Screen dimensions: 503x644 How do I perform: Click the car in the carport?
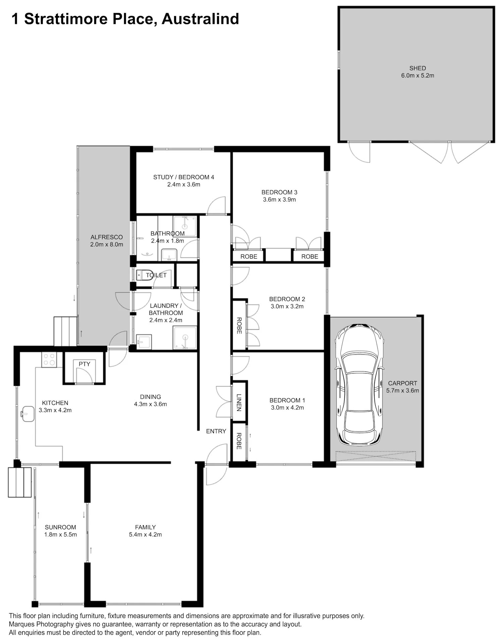359,385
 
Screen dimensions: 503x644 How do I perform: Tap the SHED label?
417,68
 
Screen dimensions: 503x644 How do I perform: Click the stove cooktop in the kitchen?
49,360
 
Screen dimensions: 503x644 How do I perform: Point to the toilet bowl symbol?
145,275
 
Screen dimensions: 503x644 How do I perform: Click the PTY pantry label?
85,364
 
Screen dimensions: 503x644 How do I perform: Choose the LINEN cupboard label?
239,402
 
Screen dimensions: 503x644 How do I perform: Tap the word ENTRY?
216,431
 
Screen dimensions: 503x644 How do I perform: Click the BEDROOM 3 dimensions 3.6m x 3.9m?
279,199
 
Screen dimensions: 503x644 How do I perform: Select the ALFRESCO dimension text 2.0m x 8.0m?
107,244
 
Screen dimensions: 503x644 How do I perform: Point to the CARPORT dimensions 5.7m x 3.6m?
402,390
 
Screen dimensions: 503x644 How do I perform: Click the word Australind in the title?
200,19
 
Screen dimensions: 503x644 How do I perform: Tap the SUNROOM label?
60,527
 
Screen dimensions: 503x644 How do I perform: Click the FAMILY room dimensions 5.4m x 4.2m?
145,534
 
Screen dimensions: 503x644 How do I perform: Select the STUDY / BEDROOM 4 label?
183,177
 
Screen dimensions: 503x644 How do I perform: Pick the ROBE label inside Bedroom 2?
239,325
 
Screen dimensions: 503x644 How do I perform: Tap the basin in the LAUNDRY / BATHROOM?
144,341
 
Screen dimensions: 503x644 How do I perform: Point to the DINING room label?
151,397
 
